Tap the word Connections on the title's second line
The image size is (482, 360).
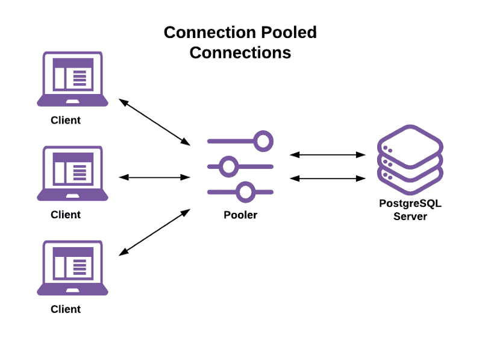[240, 52]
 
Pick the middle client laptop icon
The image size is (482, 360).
[73, 174]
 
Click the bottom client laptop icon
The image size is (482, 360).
[73, 268]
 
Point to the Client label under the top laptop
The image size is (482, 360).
[66, 120]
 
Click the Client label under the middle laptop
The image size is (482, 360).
[66, 215]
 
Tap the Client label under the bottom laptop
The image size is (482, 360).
[66, 309]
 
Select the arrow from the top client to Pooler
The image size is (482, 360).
[155, 122]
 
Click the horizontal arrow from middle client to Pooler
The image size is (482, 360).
[155, 177]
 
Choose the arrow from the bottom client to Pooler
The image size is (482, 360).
[155, 232]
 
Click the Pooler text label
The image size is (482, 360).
[240, 215]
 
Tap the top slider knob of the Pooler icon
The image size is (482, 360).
[263, 141]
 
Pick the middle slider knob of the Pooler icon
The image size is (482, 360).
[228, 166]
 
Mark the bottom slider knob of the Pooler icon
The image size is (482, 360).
[245, 192]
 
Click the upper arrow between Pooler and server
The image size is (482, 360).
[328, 155]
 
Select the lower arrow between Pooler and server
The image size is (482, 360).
[328, 178]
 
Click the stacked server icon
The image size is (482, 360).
[410, 159]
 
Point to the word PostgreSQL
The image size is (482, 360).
[410, 204]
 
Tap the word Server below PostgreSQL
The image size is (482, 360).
[410, 216]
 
